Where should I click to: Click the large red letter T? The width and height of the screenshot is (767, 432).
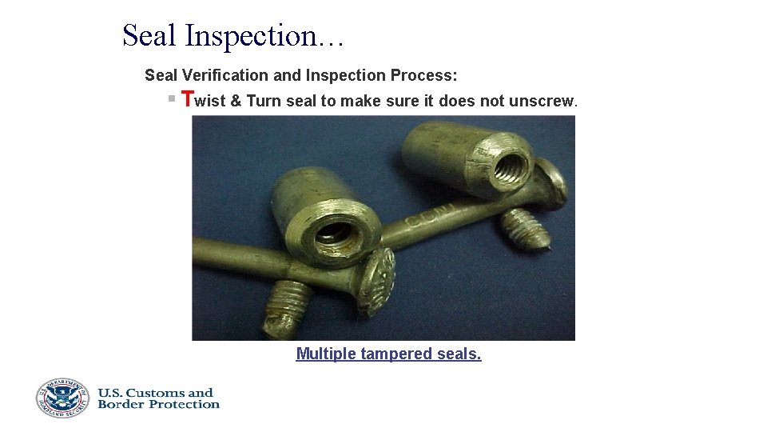point(188,99)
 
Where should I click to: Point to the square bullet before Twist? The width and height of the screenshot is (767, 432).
point(171,99)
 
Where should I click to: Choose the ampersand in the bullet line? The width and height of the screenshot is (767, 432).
point(236,101)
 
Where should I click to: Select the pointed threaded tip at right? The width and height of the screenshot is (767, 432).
point(527,230)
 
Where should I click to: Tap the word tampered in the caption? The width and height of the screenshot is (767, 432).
point(396,354)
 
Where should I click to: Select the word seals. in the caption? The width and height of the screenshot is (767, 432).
point(459,354)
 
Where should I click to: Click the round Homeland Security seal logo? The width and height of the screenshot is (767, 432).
point(62,398)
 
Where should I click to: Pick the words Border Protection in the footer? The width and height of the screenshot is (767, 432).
point(158,404)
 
